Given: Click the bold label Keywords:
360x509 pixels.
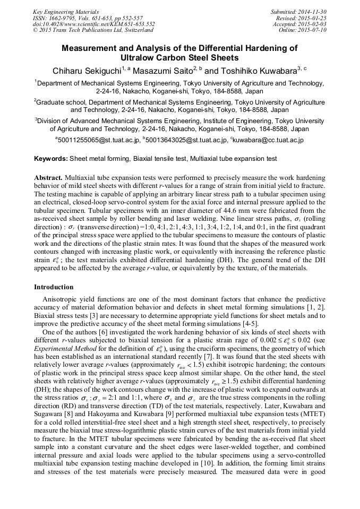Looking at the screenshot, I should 50,159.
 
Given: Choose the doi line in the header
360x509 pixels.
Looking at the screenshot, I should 94,24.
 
